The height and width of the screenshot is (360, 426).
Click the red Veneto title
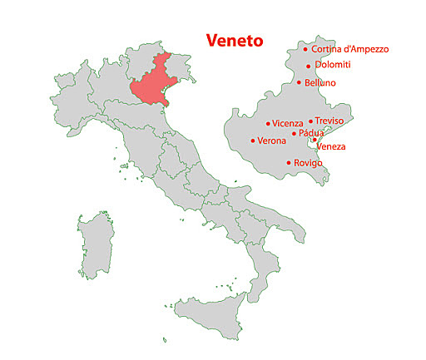coord(234,40)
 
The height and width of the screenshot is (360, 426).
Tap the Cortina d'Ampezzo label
coord(349,49)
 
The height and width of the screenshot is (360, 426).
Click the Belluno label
coord(320,83)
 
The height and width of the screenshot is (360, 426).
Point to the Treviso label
coord(329,121)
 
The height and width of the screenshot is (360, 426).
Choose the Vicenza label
coord(288,124)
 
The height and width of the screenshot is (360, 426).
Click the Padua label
coord(310,133)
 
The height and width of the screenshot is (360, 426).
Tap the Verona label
coord(272,141)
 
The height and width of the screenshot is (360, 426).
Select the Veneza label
coord(331,146)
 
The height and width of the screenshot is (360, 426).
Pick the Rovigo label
coord(308,163)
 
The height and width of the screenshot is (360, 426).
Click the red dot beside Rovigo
coord(289,163)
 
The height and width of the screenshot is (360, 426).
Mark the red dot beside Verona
coord(252,141)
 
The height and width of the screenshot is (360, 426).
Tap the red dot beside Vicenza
coord(268,124)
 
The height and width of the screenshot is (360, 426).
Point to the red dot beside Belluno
coord(300,82)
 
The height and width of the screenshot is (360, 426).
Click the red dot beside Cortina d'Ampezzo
coord(305,49)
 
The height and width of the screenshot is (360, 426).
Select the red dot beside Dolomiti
coord(309,66)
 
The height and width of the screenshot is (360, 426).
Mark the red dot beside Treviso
coord(310,121)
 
